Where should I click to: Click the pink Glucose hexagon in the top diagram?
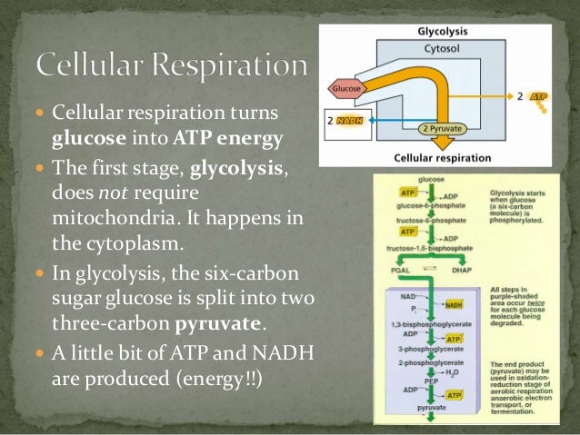point(347,89)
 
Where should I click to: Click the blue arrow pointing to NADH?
point(400,118)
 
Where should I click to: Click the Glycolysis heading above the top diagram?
point(443,30)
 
